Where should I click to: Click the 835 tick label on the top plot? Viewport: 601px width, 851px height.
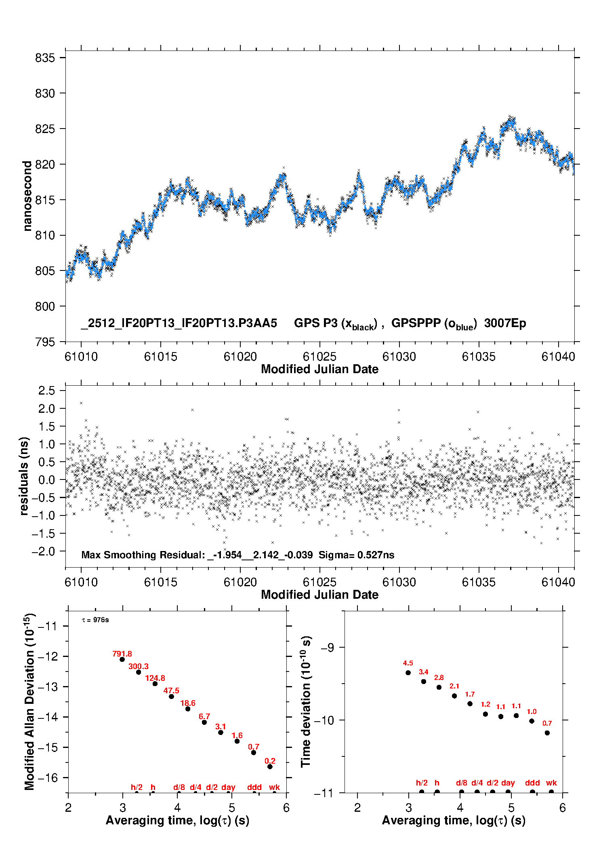point(44,58)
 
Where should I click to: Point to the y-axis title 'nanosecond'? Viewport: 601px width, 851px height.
point(27,196)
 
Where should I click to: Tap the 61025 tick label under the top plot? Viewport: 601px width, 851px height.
point(319,357)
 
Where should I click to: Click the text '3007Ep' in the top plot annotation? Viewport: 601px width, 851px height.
point(505,323)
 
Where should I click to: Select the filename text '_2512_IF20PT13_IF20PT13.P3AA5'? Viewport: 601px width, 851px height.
point(179,323)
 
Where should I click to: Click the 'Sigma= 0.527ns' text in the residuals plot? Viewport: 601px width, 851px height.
point(356,555)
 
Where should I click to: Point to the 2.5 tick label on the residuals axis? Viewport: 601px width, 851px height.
point(46,391)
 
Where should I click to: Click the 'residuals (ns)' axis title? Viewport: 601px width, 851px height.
point(24,476)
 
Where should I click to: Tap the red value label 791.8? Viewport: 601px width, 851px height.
point(122,654)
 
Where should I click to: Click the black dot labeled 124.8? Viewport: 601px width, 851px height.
point(155,684)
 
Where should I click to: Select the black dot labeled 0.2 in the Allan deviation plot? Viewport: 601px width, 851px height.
point(270,767)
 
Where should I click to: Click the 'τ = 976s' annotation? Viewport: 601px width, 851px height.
point(95,620)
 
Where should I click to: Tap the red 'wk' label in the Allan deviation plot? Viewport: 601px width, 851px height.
point(274,787)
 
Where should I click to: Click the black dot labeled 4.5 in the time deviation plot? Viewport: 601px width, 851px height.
point(408,673)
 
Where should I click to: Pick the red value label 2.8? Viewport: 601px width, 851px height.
point(439,678)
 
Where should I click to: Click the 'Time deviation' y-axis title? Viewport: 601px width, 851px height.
point(306,701)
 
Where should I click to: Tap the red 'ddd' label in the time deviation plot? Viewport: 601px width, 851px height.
point(532,783)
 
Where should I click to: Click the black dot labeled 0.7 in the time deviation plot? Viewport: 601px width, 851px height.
point(547,733)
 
